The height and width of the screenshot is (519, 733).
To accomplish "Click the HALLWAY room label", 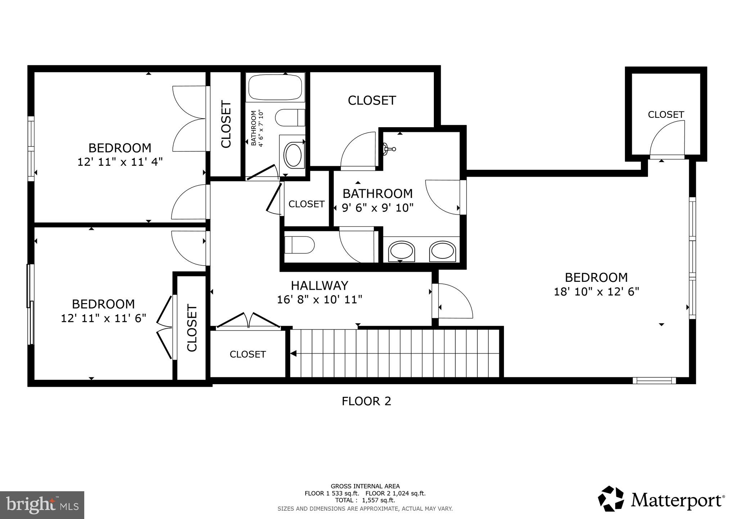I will coord(319,285).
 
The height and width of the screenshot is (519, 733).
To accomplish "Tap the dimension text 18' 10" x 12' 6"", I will coord(596,292).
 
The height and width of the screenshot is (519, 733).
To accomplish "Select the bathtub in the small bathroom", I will coord(275,87).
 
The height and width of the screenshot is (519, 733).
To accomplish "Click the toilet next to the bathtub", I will coord(289,118).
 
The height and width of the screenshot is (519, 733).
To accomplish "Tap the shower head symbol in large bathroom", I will coord(389,148).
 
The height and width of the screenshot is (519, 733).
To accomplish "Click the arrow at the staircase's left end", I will coord(293,354).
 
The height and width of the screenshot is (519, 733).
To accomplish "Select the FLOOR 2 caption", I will coord(366,401).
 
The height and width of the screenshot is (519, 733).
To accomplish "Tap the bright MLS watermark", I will coord(42,505).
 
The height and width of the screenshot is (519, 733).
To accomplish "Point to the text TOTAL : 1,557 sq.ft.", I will coord(365,500).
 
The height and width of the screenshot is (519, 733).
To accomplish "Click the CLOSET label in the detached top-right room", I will coord(666,115).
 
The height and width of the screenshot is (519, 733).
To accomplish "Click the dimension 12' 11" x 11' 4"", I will coord(120,162).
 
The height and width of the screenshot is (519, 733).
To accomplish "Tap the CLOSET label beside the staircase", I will coord(248,354).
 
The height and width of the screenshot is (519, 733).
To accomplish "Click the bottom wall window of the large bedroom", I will coord(654,380).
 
